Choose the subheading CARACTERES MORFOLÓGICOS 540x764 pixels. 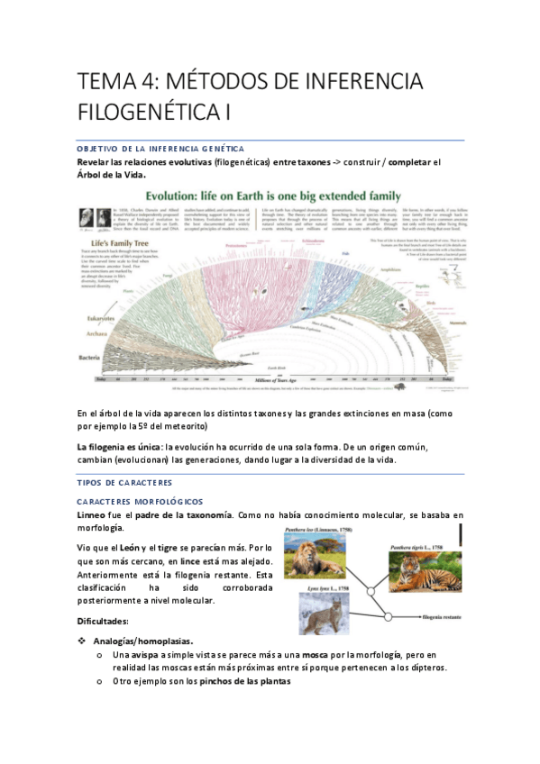tap(140, 501)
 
